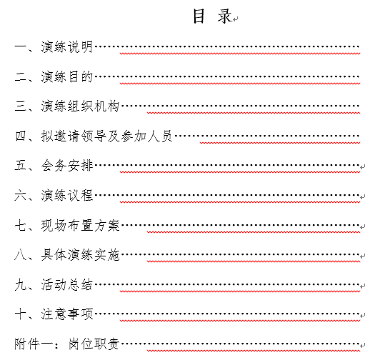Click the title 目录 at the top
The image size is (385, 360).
212,16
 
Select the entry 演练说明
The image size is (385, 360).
67,46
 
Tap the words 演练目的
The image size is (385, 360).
67,76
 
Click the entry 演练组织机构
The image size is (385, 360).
80,106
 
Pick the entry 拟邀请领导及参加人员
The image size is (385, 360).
107,136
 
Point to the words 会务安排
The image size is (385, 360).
67,166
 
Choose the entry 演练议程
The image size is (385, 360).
67,196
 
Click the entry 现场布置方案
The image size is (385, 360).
80,226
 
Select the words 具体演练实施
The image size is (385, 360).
80,255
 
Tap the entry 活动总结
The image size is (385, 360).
67,285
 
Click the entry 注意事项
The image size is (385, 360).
67,314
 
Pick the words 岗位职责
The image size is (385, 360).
94,344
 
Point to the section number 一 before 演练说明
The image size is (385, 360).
21,46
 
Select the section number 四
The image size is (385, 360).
21,136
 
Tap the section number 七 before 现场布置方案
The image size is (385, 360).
21,226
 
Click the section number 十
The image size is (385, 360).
21,314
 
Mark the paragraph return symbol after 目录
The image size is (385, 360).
236,19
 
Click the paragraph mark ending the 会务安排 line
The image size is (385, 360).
363,167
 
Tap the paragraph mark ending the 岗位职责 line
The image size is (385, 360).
363,346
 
